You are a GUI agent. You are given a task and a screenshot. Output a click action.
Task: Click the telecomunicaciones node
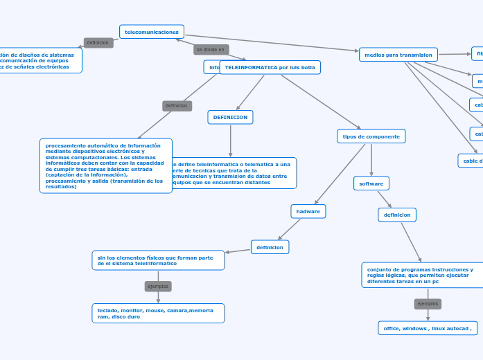152,32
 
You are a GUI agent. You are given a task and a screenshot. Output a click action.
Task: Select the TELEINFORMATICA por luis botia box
270,67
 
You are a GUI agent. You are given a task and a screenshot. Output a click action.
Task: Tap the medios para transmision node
398,55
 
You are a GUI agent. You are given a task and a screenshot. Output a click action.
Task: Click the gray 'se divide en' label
211,50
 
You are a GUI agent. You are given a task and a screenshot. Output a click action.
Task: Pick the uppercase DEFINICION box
230,118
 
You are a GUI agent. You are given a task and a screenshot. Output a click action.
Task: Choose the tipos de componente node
371,136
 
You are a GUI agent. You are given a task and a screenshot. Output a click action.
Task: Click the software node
371,183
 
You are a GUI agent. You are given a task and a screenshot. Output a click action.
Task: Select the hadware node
308,210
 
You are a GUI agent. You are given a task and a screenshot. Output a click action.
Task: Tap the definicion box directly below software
397,215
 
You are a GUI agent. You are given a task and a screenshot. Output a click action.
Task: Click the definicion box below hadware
270,246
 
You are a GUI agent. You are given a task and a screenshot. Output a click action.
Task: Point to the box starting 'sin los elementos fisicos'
158,260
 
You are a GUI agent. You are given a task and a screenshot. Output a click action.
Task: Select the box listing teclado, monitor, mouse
158,313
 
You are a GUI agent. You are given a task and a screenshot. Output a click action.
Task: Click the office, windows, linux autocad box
427,328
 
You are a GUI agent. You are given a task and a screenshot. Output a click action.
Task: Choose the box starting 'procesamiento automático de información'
105,166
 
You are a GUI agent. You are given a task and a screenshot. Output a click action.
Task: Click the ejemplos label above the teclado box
158,286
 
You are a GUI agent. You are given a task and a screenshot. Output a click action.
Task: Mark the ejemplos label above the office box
428,303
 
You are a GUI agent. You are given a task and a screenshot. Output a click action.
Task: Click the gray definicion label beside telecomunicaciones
98,43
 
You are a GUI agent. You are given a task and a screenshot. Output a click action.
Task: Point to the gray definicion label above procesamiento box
176,106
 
